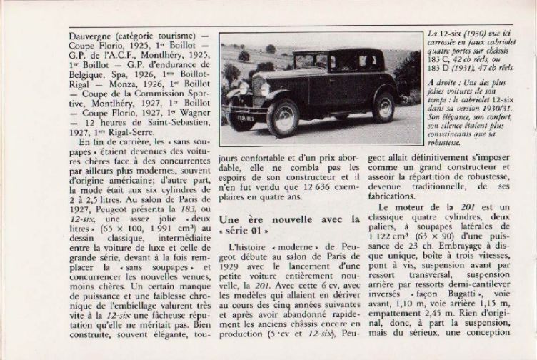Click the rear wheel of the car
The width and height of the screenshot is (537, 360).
pyautogui.click(x=383, y=106)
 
